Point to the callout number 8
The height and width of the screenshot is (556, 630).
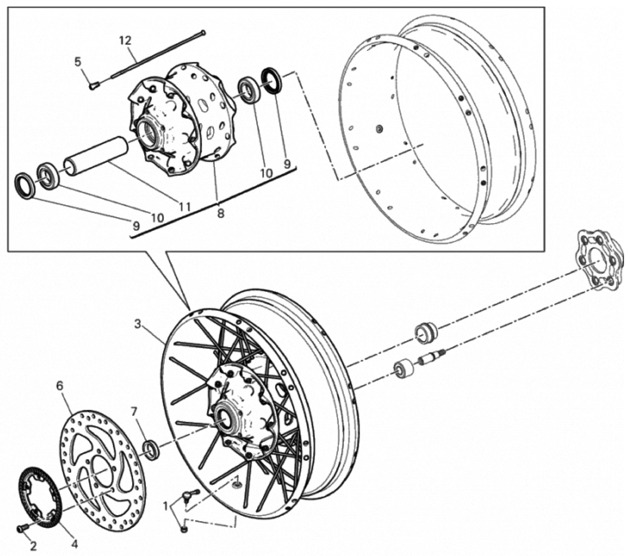[x=221, y=213]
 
